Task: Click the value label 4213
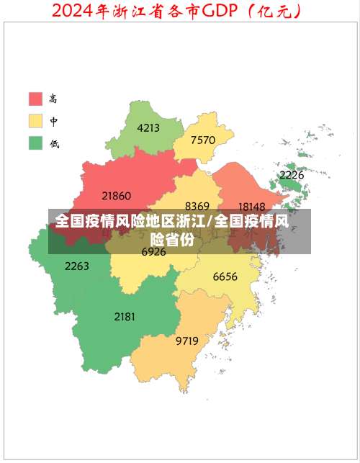(x=148, y=128)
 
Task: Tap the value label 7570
(x=203, y=140)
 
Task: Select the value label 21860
(x=117, y=195)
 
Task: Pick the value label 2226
(x=292, y=175)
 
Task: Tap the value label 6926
(x=153, y=252)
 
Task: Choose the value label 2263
(x=77, y=266)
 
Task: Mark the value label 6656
(x=225, y=277)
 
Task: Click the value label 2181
(x=125, y=316)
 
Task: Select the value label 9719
(x=187, y=341)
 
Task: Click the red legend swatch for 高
(x=35, y=99)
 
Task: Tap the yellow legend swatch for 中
(x=35, y=121)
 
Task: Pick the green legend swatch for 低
(x=35, y=143)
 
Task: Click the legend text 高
(x=54, y=99)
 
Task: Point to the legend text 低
(x=54, y=143)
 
